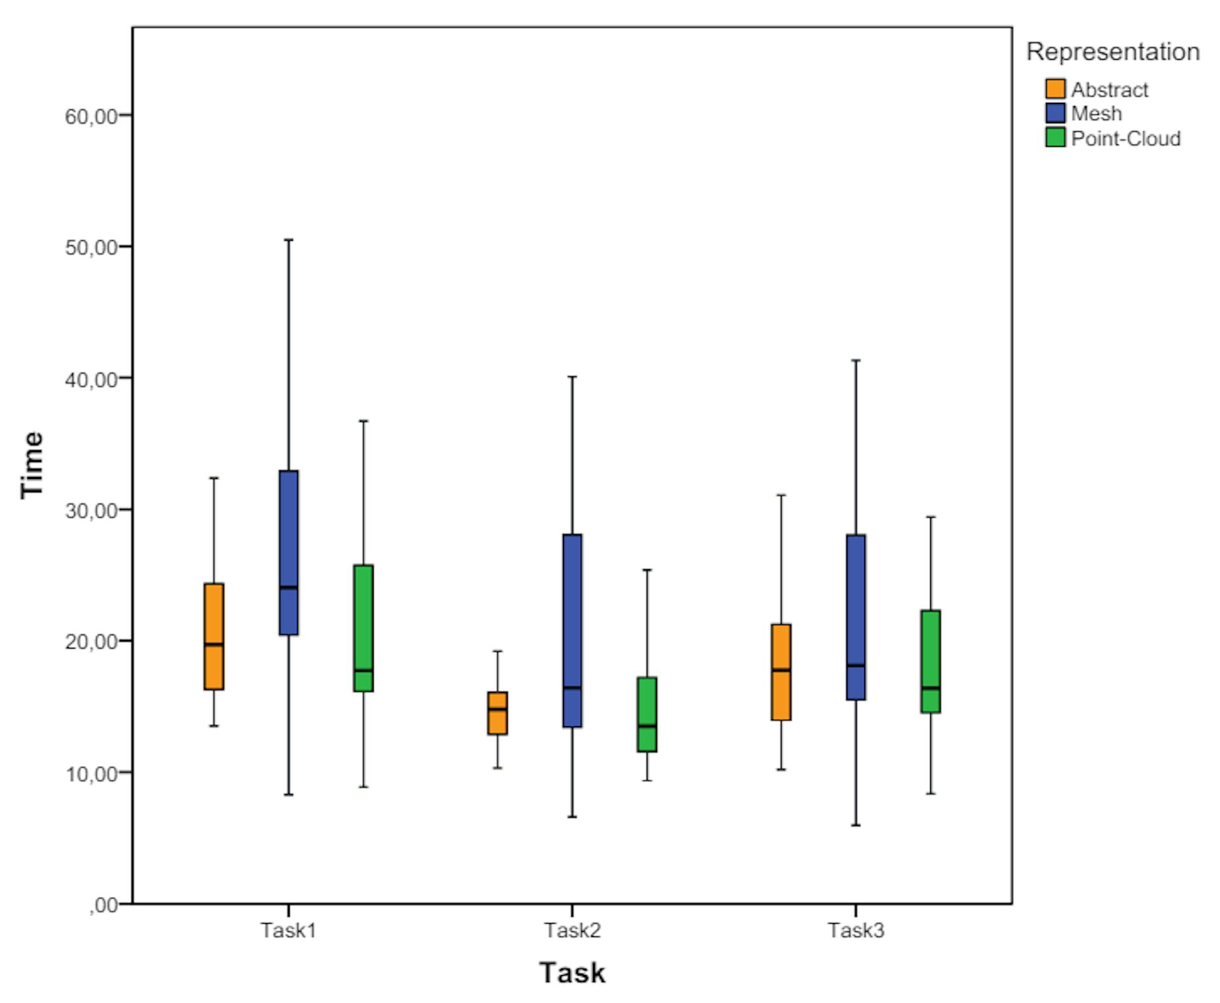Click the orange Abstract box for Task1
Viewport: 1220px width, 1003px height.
[x=213, y=636]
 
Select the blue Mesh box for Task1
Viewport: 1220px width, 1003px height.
[x=288, y=552]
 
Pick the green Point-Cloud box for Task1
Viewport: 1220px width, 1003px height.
[x=363, y=628]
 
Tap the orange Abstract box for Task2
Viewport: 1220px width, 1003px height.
[x=498, y=713]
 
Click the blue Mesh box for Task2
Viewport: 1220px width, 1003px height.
[x=572, y=630]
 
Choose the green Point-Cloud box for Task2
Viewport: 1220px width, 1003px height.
[x=647, y=714]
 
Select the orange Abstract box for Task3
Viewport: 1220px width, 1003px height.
[x=781, y=671]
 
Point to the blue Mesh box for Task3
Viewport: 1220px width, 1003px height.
[x=855, y=617]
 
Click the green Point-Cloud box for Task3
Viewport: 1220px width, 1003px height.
[x=930, y=661]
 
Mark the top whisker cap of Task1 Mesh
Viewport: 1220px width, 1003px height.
[x=288, y=240]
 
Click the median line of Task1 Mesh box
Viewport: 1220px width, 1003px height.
[x=288, y=587]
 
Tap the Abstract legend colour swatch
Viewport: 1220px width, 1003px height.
[x=1055, y=89]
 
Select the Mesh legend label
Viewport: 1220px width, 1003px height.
[x=1096, y=114]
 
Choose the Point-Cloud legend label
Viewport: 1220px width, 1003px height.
[x=1125, y=138]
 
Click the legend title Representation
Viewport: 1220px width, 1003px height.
[x=1113, y=52]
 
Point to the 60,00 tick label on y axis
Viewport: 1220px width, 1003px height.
[x=91, y=117]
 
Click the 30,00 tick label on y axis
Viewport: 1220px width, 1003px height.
[x=91, y=511]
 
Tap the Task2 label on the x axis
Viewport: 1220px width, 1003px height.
[x=572, y=931]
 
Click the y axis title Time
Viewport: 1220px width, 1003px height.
[x=32, y=464]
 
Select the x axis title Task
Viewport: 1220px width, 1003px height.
[x=572, y=973]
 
